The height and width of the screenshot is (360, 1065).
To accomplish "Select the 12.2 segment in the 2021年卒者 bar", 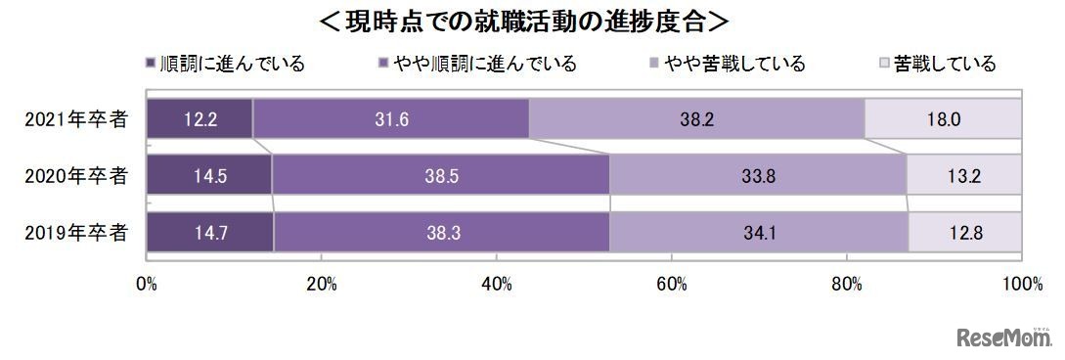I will [x=200, y=119].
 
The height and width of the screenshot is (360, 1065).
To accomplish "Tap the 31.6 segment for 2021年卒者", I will [x=391, y=119].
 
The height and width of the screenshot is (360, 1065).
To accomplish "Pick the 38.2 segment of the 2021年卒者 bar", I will [x=696, y=119].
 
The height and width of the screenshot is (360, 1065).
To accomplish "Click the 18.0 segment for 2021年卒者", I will [x=944, y=119].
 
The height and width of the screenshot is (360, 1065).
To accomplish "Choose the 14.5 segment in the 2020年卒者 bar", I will [x=209, y=176].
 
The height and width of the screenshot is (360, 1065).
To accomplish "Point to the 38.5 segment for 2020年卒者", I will [x=441, y=176].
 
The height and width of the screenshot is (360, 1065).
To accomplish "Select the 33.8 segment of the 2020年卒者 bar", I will [x=758, y=176].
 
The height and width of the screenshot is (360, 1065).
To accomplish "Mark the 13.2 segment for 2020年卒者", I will [x=964, y=176].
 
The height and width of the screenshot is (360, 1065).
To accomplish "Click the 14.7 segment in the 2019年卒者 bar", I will [x=210, y=233].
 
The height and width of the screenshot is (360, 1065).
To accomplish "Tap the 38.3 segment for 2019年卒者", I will [x=442, y=233].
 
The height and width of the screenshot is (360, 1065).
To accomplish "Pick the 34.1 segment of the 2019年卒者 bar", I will [x=759, y=233].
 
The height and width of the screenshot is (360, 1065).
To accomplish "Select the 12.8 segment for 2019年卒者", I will [x=966, y=233].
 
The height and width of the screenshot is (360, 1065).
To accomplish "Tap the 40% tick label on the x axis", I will [x=497, y=284].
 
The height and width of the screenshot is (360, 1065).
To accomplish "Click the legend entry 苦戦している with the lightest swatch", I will [x=939, y=65].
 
